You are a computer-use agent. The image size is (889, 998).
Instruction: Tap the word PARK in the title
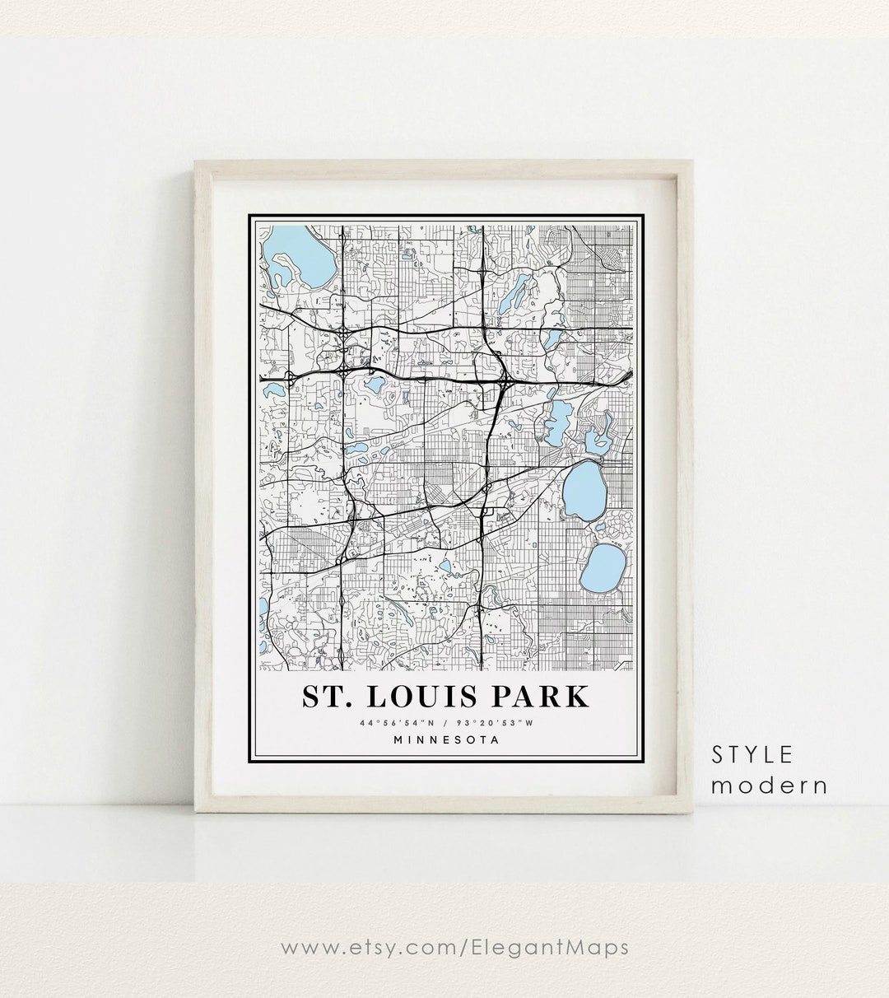[547, 696]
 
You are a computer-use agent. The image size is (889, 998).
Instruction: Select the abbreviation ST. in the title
[325, 696]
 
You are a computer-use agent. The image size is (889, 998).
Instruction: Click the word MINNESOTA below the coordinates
[446, 739]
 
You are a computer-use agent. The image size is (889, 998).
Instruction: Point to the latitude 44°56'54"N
[392, 723]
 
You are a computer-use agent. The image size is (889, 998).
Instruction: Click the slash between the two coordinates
[445, 723]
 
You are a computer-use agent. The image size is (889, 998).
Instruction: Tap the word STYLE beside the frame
[753, 753]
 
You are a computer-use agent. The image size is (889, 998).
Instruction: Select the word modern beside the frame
[770, 785]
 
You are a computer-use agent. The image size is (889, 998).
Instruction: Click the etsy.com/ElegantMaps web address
[454, 948]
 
